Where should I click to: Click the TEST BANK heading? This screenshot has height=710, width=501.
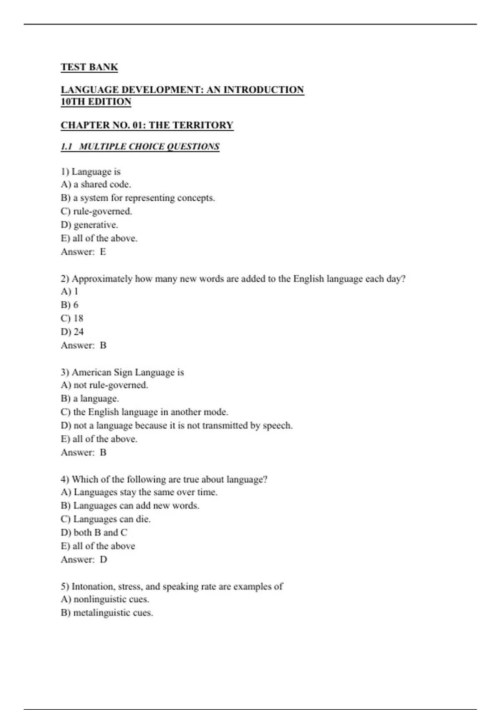pos(89,67)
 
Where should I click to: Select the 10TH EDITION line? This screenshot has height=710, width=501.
pos(96,102)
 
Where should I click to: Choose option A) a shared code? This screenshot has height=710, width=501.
pos(96,184)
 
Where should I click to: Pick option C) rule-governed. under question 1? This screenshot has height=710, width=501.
pos(96,211)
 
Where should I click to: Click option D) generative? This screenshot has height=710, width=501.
pos(89,225)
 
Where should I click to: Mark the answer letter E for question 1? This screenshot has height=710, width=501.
pos(103,252)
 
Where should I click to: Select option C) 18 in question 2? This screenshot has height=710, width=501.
pos(72,318)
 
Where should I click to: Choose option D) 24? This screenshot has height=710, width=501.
pos(72,332)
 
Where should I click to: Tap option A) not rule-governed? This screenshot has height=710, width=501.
pos(104,385)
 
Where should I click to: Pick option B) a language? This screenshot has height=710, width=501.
pos(90,398)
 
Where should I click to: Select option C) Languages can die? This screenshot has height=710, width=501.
pos(106,519)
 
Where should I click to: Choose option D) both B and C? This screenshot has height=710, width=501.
pos(94,532)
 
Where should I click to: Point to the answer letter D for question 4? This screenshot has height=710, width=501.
pos(104,560)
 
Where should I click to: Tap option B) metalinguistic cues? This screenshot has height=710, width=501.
pos(107,613)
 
